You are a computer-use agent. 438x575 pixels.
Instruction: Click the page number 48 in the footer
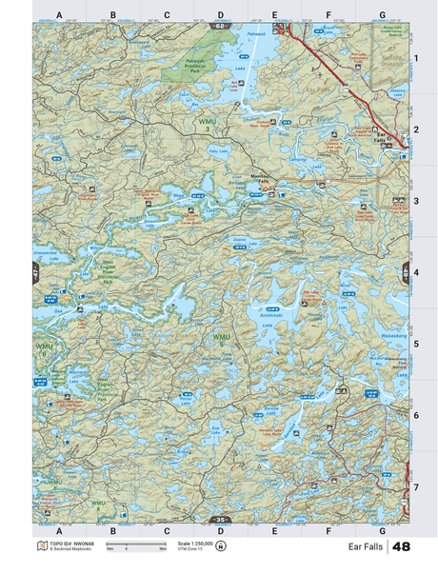(401, 546)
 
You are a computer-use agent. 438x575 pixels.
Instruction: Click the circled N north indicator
(221, 546)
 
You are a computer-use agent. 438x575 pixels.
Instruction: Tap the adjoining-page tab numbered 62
(221, 25)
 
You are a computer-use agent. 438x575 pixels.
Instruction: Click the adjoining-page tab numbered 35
(221, 519)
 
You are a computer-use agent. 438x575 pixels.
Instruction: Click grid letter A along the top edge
(59, 15)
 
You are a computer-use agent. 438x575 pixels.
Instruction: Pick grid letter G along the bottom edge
(382, 528)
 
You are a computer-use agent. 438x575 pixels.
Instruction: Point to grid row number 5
(416, 343)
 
